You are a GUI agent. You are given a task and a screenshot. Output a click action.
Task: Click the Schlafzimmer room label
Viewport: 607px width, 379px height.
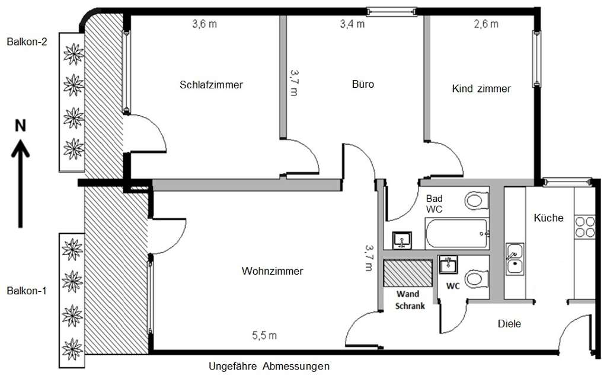click(211, 85)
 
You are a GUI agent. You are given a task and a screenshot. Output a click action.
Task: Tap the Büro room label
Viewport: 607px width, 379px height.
click(363, 84)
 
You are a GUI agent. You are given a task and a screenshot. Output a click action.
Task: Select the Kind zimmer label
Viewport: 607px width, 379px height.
click(481, 89)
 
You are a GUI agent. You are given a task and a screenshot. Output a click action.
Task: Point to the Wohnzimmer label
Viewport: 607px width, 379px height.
click(273, 271)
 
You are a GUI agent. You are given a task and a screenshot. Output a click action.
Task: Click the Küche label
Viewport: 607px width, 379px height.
click(548, 218)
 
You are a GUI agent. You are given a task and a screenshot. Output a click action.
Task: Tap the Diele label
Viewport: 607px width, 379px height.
click(509, 324)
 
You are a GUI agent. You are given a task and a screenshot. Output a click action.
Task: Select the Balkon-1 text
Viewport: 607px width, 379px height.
click(27, 291)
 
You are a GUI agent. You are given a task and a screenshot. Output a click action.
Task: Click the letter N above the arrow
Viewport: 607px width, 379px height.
click(20, 126)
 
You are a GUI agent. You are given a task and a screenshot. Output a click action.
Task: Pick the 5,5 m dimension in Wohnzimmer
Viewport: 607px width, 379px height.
click(264, 336)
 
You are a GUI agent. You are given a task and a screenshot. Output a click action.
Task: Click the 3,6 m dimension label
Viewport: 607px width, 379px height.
click(204, 25)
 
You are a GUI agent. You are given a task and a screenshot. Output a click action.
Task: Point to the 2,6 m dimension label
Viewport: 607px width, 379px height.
click(486, 24)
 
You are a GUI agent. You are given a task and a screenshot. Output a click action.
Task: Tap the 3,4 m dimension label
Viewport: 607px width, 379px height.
click(352, 25)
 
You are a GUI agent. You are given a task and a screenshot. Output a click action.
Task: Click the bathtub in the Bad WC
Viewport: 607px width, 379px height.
click(456, 234)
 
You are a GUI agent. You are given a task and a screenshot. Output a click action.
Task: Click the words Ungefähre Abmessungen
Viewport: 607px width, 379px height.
click(269, 367)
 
